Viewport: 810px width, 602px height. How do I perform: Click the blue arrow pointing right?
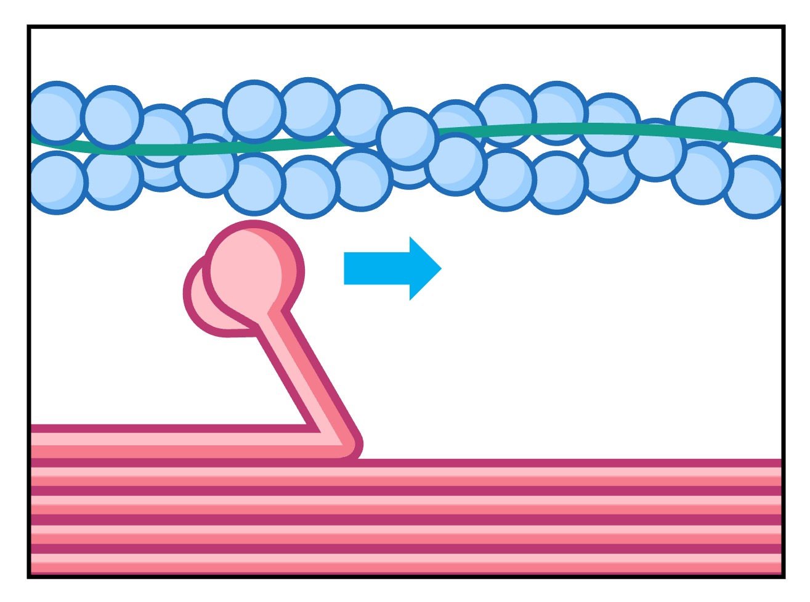tap(388, 268)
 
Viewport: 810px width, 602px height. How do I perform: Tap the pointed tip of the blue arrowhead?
tap(440, 268)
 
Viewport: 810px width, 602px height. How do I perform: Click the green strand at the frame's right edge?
tap(776, 142)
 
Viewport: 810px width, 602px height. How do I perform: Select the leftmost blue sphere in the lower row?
tap(57, 183)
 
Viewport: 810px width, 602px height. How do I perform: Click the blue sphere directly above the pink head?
tap(254, 183)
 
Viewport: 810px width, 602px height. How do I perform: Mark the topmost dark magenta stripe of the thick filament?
tap(554, 463)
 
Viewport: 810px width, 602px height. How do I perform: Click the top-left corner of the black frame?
tap(29, 27)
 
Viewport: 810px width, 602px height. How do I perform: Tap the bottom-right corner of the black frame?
tap(783, 576)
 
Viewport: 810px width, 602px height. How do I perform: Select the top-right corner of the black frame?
tap(783, 27)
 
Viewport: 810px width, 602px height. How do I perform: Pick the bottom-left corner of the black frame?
tap(29, 576)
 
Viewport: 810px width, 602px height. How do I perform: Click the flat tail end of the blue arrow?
tap(346, 268)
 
